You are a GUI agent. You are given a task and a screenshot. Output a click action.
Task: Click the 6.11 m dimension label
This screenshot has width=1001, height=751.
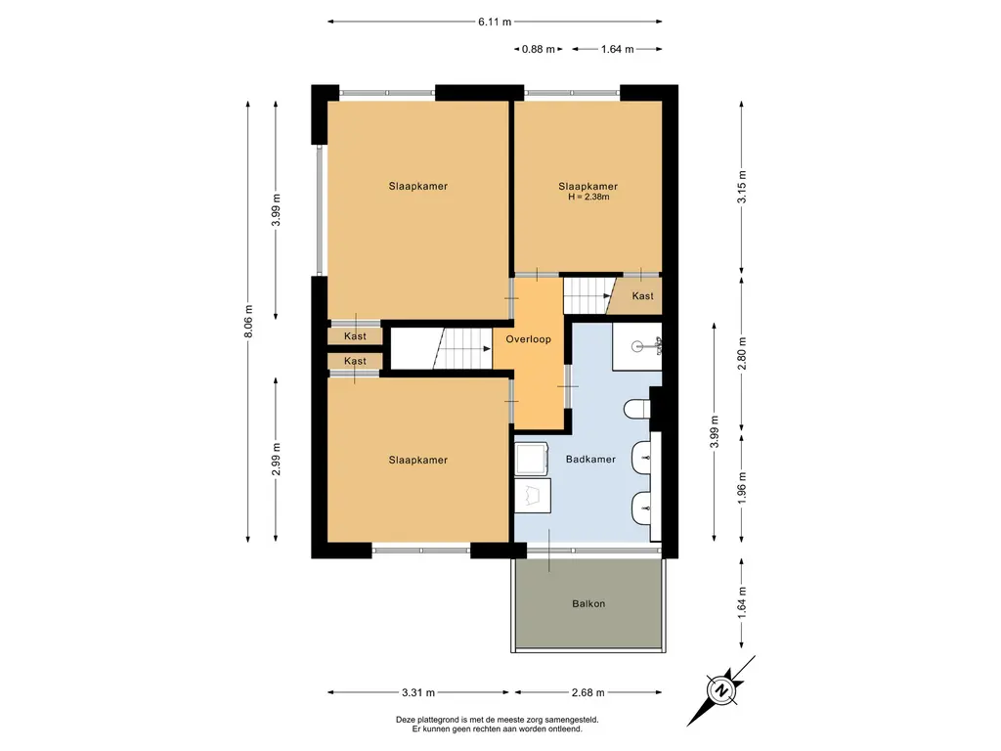pos(495,22)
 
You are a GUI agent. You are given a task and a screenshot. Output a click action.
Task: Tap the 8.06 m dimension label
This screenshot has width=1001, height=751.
pos(248,322)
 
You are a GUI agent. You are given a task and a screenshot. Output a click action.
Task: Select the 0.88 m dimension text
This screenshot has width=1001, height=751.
pos(539,49)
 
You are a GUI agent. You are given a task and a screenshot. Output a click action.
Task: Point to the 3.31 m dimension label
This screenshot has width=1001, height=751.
pos(418,692)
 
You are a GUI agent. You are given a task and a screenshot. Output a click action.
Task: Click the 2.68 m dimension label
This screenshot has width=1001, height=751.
pos(588,692)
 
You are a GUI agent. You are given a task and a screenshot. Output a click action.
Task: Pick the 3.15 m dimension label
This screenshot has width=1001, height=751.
pos(742,187)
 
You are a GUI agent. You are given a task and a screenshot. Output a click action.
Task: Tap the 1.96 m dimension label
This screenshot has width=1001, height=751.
pos(742,488)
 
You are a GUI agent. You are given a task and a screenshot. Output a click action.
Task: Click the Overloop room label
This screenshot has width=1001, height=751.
pos(528,339)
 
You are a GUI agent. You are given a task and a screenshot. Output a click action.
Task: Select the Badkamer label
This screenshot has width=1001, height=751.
pos(590,460)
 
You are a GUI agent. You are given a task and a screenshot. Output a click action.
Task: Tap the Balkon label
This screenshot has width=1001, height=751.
pos(588,603)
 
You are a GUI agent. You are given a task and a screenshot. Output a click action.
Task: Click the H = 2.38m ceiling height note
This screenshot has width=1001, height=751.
pos(588,197)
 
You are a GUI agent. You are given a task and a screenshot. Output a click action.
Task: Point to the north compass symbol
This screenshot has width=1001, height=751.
pos(721,690)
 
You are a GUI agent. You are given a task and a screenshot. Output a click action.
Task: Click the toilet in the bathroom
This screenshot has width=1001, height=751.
pos(637,410)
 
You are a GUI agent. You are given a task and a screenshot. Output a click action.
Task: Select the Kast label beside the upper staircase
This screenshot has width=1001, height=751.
pos(643,295)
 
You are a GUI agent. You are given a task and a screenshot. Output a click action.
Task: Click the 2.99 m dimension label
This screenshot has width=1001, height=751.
pos(276,460)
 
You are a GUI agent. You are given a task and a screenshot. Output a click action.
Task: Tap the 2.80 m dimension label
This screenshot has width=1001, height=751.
pos(742,353)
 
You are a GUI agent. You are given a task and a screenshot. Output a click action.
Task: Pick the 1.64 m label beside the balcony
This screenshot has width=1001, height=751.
pos(742,601)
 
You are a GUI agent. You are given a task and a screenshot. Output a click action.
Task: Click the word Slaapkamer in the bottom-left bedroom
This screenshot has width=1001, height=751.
pos(418,460)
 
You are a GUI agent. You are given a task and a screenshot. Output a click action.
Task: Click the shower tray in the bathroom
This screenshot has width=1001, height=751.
pos(636,347)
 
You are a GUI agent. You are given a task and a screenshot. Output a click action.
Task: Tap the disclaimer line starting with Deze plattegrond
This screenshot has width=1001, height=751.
pos(497,720)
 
